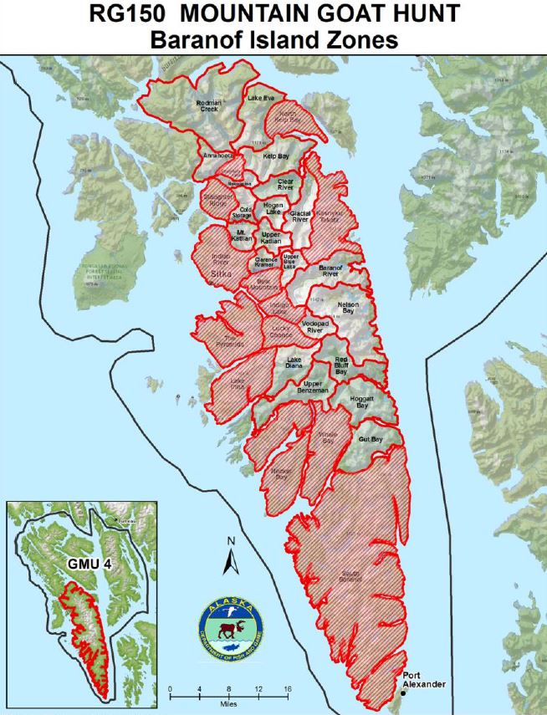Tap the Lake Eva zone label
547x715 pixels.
pos(260,98)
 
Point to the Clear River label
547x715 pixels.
pos(286,183)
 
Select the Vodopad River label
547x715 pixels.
pos(313,327)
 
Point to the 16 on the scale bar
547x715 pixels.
pos(288,688)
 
